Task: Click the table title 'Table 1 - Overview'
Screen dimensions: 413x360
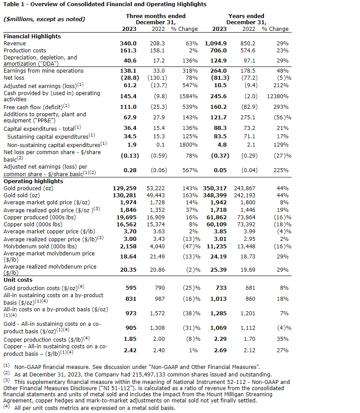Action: point(105,4)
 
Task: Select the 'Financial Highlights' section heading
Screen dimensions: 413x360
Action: point(32,37)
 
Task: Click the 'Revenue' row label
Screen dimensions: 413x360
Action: point(15,44)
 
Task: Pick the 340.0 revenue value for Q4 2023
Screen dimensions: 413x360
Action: point(128,44)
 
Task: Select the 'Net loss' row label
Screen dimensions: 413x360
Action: point(15,77)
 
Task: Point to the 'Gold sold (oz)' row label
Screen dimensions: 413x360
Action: point(22,195)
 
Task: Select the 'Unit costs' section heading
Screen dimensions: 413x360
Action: point(18,280)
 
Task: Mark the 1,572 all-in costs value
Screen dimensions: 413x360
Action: point(158,313)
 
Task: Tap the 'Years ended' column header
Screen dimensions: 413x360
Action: point(246,16)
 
